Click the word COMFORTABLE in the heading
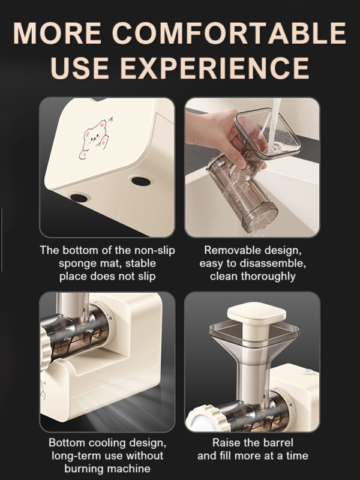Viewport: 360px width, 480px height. (229, 33)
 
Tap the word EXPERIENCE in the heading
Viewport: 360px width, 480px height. (215, 68)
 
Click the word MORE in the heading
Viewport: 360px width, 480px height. (57, 33)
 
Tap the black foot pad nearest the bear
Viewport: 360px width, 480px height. (79, 198)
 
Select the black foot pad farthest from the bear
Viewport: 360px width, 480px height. (141, 181)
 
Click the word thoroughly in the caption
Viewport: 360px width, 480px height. (268, 277)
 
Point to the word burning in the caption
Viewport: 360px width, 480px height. (84, 469)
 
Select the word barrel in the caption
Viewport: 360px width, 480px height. (278, 443)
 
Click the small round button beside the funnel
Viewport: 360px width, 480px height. (307, 371)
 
